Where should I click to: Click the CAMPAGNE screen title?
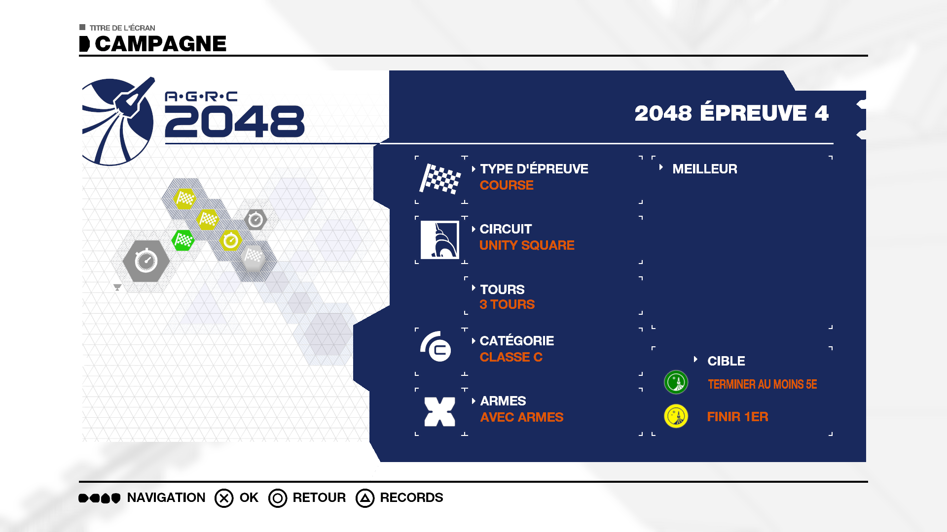[x=160, y=44]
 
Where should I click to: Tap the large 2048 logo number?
[x=235, y=121]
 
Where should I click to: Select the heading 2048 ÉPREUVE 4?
[x=731, y=113]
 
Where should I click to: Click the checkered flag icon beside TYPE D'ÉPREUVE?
[x=440, y=178]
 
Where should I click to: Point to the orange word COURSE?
[x=507, y=185]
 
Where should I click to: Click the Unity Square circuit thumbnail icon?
[x=440, y=239]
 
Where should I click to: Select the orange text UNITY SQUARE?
[x=527, y=245]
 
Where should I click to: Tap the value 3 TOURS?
[x=507, y=304]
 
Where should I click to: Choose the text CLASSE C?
[x=511, y=357]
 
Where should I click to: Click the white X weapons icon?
[x=440, y=412]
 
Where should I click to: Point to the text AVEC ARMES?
[x=521, y=417]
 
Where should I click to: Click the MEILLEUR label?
[x=705, y=169]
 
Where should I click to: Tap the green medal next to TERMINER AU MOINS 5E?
[x=676, y=382]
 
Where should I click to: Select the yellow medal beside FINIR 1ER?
[x=676, y=416]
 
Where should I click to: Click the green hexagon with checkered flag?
[x=183, y=240]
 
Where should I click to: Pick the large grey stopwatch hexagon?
[x=146, y=261]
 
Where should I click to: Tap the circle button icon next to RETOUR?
[x=278, y=498]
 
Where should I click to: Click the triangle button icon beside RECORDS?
[x=365, y=498]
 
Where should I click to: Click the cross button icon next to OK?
[x=224, y=498]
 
